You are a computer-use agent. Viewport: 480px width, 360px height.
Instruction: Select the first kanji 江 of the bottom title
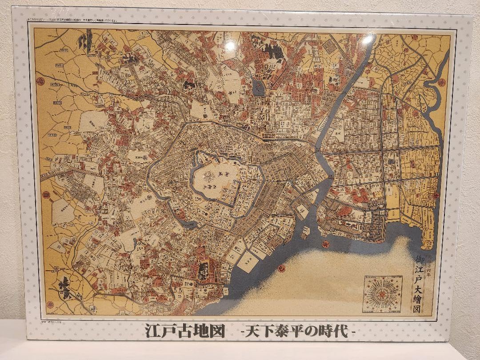(152, 332)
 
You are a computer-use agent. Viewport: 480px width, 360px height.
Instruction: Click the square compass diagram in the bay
(382, 293)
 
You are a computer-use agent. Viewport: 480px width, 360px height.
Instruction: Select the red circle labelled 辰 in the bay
(325, 243)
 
